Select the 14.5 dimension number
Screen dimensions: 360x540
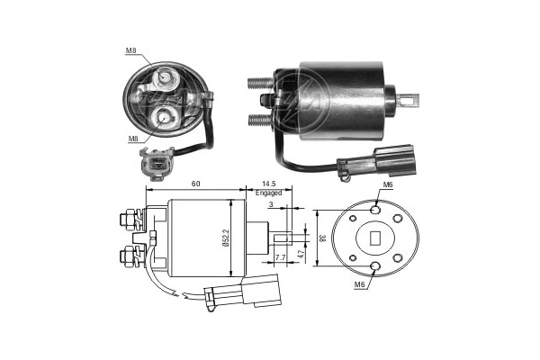pyautogui.click(x=268, y=184)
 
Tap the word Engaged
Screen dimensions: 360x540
pyautogui.click(x=268, y=193)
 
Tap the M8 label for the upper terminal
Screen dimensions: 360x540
pyautogui.click(x=133, y=52)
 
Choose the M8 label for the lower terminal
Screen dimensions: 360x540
pyautogui.click(x=133, y=139)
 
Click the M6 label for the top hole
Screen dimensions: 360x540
pyautogui.click(x=388, y=184)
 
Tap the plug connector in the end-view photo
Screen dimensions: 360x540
pyautogui.click(x=155, y=164)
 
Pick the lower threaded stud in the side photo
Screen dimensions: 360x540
pyautogui.click(x=262, y=118)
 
